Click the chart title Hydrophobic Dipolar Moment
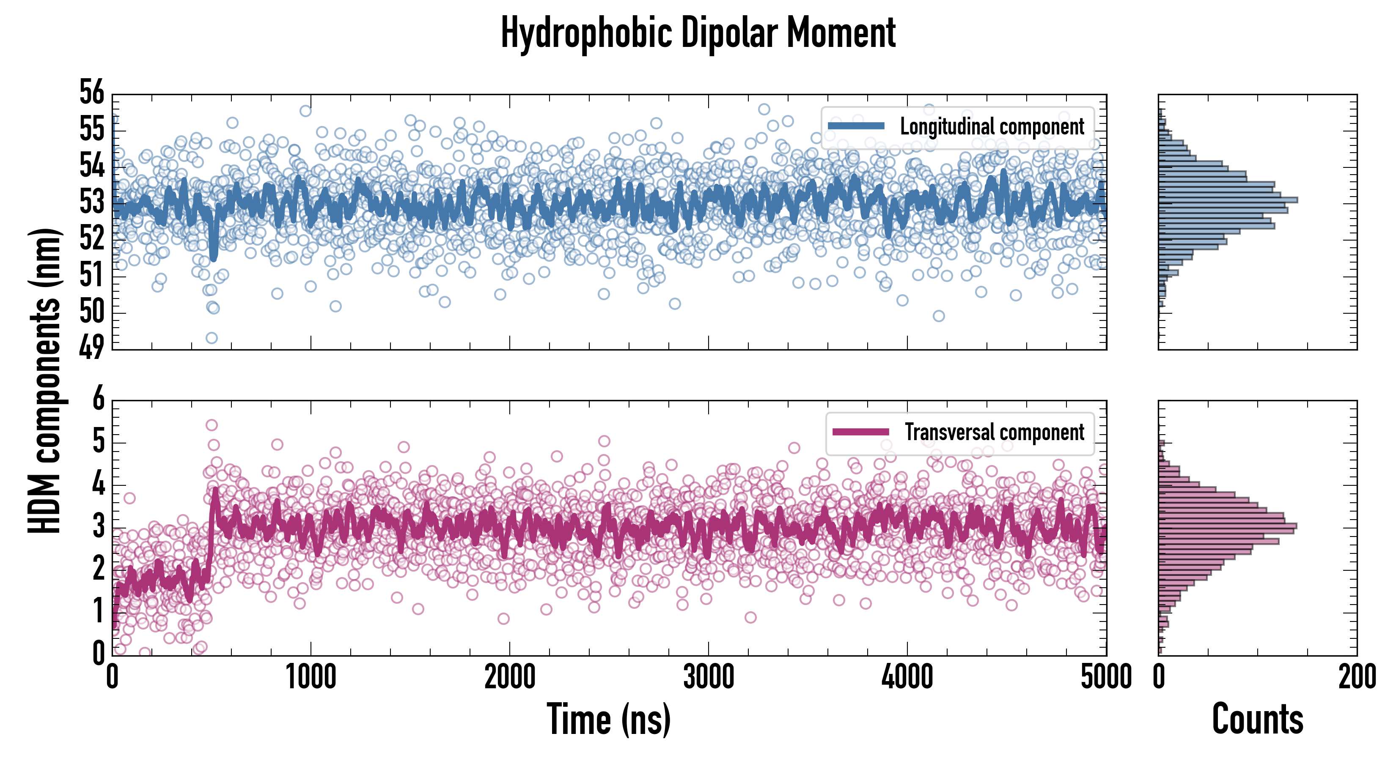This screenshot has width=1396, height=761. pos(698,33)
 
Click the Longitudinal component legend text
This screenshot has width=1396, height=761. pos(992,127)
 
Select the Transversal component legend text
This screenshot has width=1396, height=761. pos(995,432)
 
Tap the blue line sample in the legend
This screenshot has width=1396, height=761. pos(856,126)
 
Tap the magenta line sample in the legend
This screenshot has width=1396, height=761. pos(860,432)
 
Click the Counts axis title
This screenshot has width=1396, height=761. pos(1257,719)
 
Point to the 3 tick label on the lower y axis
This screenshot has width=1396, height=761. pos(98,526)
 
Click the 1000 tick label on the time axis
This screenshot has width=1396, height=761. pos(311,677)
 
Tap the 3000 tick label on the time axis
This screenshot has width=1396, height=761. pos(708,677)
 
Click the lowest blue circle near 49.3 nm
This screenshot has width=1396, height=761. pos(212,338)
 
